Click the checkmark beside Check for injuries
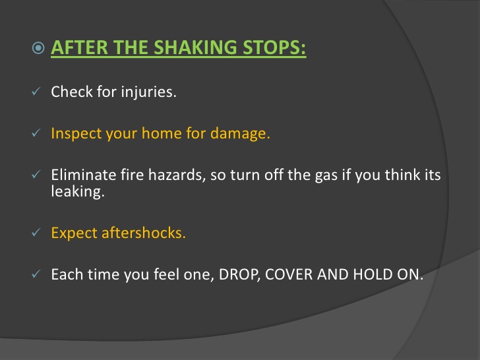(x=37, y=92)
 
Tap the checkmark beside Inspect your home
(x=37, y=133)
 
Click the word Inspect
(x=73, y=133)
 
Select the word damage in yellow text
(x=240, y=133)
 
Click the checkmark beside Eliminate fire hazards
(x=37, y=175)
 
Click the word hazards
(x=163, y=175)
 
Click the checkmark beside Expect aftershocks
(x=37, y=233)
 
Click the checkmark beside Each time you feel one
(x=37, y=274)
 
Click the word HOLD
(x=372, y=274)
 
